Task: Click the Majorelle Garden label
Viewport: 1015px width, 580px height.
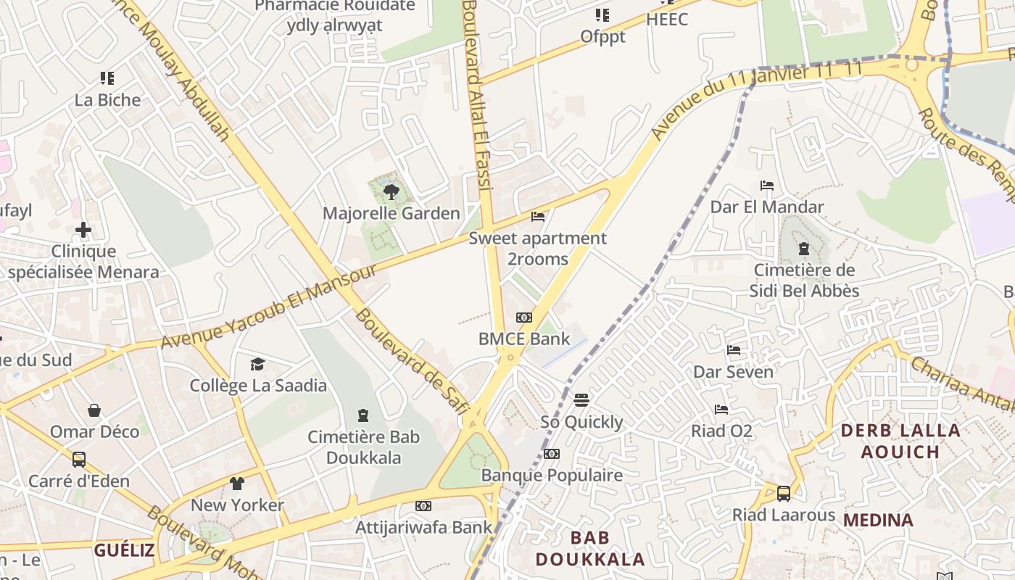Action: (x=391, y=213)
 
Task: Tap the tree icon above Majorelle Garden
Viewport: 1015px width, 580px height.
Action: (x=391, y=192)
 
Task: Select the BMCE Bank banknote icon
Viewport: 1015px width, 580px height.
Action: (x=524, y=318)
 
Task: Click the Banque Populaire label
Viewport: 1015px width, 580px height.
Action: (x=552, y=476)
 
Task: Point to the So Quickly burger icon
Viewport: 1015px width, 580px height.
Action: (x=581, y=400)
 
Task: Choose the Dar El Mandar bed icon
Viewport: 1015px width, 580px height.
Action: (x=767, y=186)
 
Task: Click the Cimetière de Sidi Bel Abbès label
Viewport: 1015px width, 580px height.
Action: (x=805, y=281)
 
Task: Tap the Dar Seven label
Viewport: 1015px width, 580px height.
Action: (x=733, y=372)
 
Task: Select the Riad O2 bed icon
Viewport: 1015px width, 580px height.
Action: (x=721, y=410)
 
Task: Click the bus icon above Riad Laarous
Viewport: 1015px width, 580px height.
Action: (x=784, y=494)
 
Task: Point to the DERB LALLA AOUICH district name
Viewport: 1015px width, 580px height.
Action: (x=900, y=441)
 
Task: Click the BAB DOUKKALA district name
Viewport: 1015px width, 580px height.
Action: (x=589, y=548)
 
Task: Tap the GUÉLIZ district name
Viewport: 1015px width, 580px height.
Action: (x=124, y=550)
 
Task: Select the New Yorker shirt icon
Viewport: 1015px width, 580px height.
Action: (x=237, y=484)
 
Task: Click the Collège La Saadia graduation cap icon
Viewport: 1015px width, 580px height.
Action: (x=258, y=364)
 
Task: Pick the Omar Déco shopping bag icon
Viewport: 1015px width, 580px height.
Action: (x=94, y=410)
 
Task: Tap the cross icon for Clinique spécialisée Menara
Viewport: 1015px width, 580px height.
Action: (x=83, y=231)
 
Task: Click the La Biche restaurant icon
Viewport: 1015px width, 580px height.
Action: (x=107, y=78)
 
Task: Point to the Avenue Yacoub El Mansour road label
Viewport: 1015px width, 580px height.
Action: (x=269, y=305)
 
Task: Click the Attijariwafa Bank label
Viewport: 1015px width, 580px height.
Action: (x=423, y=528)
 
